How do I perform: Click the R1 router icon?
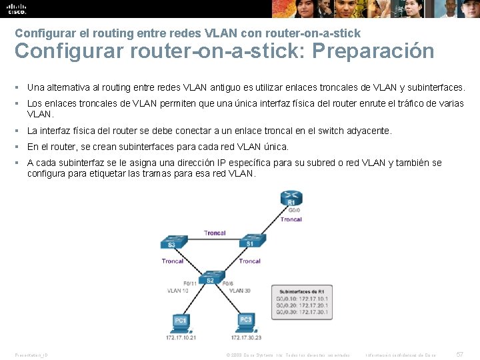pyautogui.click(x=291, y=199)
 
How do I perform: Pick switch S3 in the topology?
pyautogui.click(x=172, y=243)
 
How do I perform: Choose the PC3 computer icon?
pyautogui.click(x=246, y=321)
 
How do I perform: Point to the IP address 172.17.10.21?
pyautogui.click(x=181, y=337)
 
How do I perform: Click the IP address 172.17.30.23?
pyautogui.click(x=247, y=337)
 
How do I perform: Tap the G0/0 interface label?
pyautogui.click(x=295, y=210)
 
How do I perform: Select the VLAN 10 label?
pyautogui.click(x=178, y=291)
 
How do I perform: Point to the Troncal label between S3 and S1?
pyautogui.click(x=215, y=233)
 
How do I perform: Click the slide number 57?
pyautogui.click(x=459, y=354)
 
